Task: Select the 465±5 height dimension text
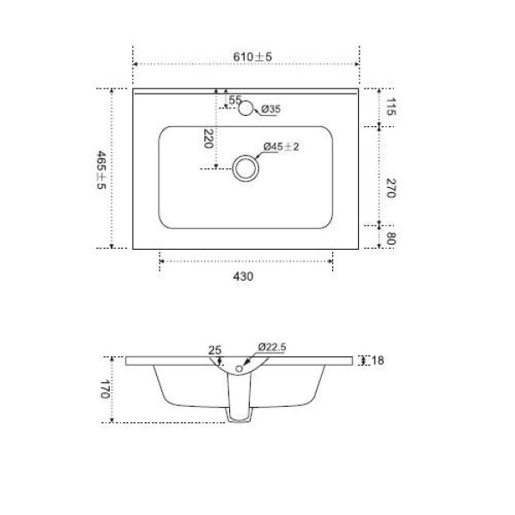[x=101, y=169]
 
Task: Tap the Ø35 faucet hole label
[x=270, y=109]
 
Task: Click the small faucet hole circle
[x=246, y=108]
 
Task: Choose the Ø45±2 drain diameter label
[x=281, y=147]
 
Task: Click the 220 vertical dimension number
[x=207, y=138]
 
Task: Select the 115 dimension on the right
[x=391, y=107]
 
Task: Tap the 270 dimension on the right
[x=391, y=189]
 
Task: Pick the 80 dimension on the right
[x=391, y=237]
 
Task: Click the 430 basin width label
[x=245, y=277]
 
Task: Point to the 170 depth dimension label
[x=104, y=391]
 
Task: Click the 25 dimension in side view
[x=215, y=349]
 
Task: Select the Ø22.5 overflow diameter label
[x=271, y=347]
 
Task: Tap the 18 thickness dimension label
[x=377, y=360]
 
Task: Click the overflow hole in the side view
[x=237, y=369]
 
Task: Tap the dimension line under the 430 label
[x=245, y=261]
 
